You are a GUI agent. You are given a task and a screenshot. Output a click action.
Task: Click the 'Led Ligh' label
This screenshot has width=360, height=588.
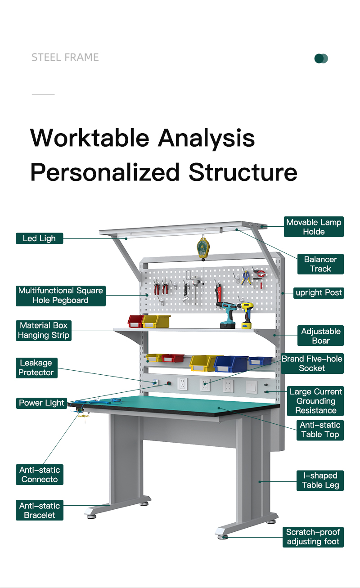click(x=40, y=238)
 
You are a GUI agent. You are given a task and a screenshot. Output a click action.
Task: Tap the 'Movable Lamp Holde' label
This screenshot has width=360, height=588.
click(x=314, y=227)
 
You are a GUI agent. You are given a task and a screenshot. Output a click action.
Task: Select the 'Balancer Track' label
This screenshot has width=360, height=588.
click(x=320, y=264)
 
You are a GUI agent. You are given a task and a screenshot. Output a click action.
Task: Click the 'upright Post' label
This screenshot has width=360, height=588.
click(x=319, y=293)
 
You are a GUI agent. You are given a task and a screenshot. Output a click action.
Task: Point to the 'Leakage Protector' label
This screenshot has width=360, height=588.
click(x=36, y=368)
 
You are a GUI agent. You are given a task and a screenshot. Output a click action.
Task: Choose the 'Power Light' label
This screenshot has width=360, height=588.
click(x=41, y=403)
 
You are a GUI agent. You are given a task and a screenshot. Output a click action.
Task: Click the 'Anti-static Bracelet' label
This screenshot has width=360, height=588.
click(x=40, y=510)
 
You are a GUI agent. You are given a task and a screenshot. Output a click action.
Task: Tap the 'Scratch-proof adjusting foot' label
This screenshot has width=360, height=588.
click(x=313, y=537)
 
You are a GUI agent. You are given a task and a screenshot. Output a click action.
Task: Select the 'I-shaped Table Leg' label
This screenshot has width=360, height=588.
click(x=320, y=480)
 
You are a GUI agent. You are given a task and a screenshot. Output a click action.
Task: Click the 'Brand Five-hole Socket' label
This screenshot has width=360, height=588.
click(x=312, y=364)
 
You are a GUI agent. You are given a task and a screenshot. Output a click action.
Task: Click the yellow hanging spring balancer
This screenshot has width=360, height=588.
click(x=203, y=248)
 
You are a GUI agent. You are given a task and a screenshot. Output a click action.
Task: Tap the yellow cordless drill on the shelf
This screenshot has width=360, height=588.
click(x=246, y=315)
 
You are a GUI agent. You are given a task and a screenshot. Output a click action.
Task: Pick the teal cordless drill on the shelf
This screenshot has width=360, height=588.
click(x=226, y=315)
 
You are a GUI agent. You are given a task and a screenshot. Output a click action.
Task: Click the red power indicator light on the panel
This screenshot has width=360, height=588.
click(x=169, y=383)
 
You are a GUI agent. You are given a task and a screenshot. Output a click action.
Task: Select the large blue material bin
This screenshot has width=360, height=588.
click(x=230, y=364)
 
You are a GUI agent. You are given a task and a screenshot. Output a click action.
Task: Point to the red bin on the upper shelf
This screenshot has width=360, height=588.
click(x=135, y=322)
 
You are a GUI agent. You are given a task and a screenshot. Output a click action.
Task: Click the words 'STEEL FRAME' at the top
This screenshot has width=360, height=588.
click(x=65, y=57)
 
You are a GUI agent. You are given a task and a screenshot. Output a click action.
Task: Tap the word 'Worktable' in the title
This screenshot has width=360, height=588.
click(x=90, y=138)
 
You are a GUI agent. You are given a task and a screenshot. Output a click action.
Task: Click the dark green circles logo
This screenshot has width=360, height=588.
click(x=321, y=58)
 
